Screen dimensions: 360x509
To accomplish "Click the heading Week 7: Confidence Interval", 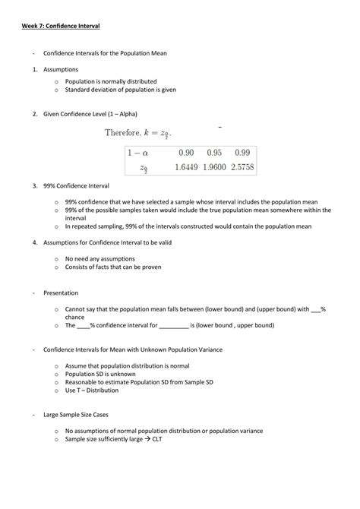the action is [60, 26].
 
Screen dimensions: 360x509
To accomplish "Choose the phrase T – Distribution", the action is [91, 390].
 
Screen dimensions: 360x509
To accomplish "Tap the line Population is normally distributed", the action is [110, 81].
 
